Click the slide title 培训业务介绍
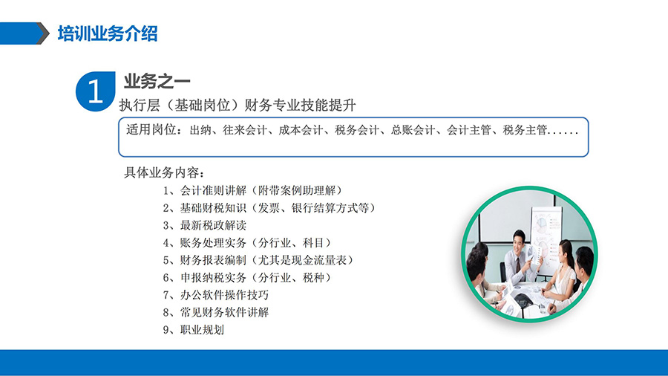(x=108, y=33)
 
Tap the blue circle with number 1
(x=96, y=91)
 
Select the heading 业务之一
(x=157, y=81)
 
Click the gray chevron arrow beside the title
(x=43, y=33)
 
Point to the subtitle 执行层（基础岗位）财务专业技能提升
(x=238, y=105)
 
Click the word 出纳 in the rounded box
(x=200, y=130)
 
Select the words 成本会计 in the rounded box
(x=301, y=130)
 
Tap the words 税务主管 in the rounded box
(x=525, y=130)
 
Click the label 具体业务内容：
(x=165, y=172)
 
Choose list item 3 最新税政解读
(x=205, y=225)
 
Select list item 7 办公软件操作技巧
(x=216, y=295)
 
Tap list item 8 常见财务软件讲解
(x=216, y=313)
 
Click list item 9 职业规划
(x=194, y=330)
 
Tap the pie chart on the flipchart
(x=541, y=222)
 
